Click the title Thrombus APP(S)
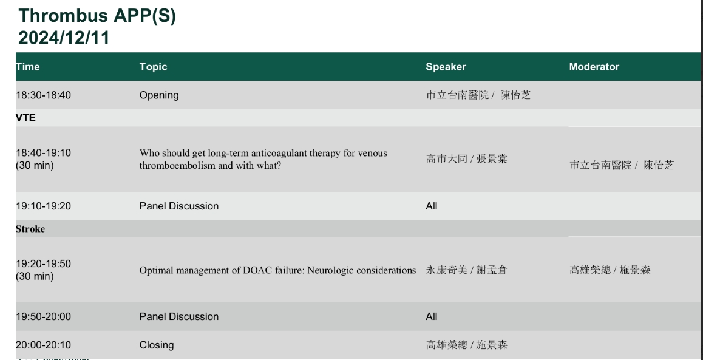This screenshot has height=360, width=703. tap(97, 16)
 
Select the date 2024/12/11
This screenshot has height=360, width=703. tap(64, 38)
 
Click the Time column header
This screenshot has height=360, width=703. tap(28, 67)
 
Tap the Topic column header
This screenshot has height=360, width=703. tap(154, 67)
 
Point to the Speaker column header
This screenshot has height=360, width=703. tap(446, 67)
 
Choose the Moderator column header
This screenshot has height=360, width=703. tap(594, 67)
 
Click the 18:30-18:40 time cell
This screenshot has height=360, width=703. tap(44, 95)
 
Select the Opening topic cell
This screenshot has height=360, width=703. tap(159, 95)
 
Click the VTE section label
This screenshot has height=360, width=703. tap(25, 118)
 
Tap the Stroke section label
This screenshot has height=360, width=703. tap(30, 229)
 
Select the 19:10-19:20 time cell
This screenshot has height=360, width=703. tap(44, 206)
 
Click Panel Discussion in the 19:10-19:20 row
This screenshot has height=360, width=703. tap(179, 206)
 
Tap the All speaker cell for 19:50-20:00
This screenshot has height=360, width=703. tap(431, 316)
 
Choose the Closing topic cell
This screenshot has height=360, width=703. tap(157, 345)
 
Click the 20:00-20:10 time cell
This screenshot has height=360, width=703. tap(44, 345)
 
